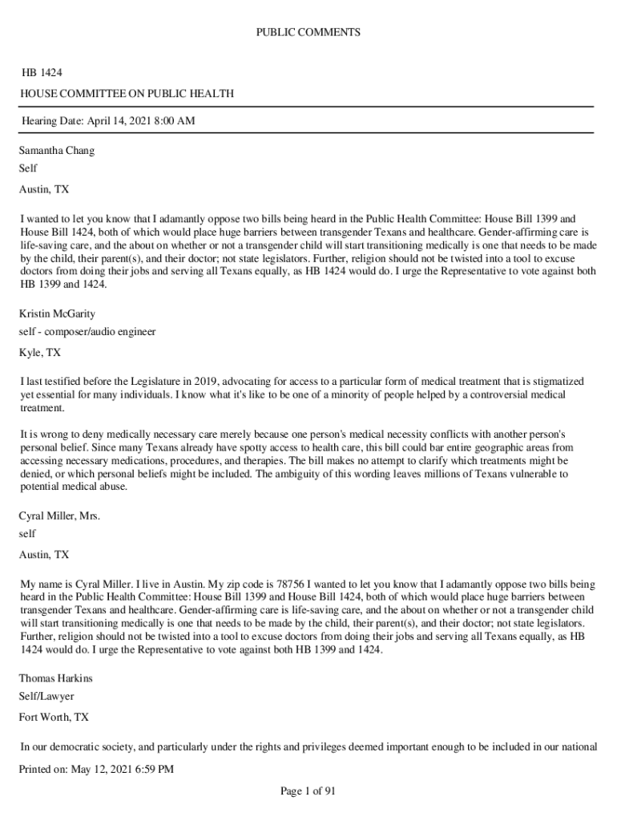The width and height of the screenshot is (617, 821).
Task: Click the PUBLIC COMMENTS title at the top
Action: [308, 33]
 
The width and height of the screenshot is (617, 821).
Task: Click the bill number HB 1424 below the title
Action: [42, 73]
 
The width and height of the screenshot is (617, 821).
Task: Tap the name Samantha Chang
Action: [57, 150]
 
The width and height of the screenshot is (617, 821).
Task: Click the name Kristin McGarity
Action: [57, 313]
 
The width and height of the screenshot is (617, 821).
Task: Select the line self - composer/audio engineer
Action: [87, 331]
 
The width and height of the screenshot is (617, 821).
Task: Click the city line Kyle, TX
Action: [40, 352]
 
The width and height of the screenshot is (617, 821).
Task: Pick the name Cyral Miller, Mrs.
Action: [59, 516]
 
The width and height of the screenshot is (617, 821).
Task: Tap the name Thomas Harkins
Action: [56, 677]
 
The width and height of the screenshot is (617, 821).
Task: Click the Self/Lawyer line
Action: [46, 697]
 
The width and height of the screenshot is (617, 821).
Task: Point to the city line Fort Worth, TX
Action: [54, 717]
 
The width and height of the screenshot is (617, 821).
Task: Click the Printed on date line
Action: [96, 770]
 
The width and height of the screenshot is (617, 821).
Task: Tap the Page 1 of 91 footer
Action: [308, 791]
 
